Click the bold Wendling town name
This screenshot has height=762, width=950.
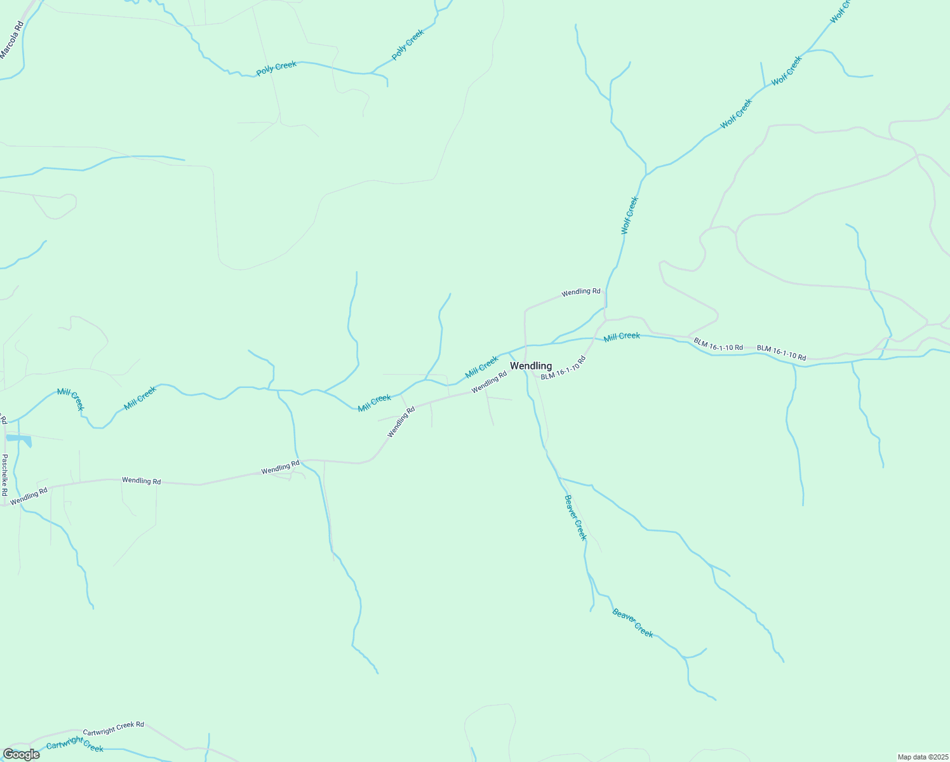point(531,366)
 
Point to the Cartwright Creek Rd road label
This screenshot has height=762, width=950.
point(113,728)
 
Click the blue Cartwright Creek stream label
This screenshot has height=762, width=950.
point(74,744)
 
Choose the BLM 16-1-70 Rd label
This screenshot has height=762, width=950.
point(563,368)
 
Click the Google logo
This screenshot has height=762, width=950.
point(21,754)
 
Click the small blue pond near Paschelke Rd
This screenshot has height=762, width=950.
point(18,438)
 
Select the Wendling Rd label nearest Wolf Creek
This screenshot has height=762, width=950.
point(580,292)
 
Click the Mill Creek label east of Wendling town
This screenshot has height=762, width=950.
point(622,336)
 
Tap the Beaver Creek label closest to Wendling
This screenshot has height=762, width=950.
point(575,518)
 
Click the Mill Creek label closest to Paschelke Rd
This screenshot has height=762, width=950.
point(70,399)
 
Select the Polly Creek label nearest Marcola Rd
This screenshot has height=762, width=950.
point(276,68)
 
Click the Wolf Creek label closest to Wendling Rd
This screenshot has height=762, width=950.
point(629,216)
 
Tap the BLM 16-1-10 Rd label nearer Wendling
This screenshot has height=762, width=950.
point(718,344)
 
